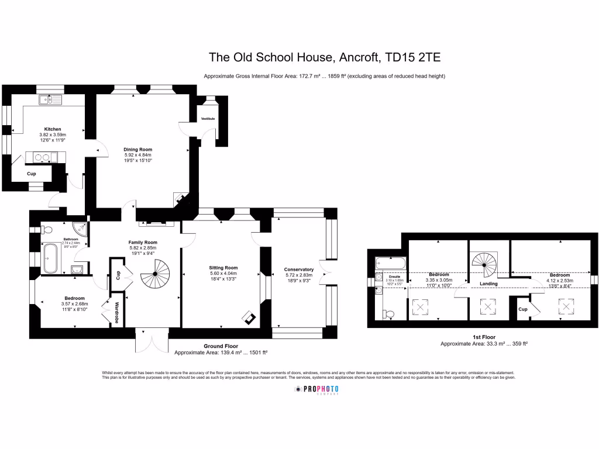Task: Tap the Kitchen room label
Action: point(53,129)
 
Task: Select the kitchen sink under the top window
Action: point(51,100)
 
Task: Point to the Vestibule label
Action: point(208,119)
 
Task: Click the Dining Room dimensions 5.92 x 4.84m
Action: point(137,155)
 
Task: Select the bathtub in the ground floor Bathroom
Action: point(50,258)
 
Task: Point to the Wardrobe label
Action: point(117,312)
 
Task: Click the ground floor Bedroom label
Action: point(74,298)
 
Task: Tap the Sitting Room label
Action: point(223,268)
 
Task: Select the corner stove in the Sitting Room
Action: point(249,318)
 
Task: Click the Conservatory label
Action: point(299,270)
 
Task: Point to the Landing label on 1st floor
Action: point(488,284)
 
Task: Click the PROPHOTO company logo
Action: point(316,390)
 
